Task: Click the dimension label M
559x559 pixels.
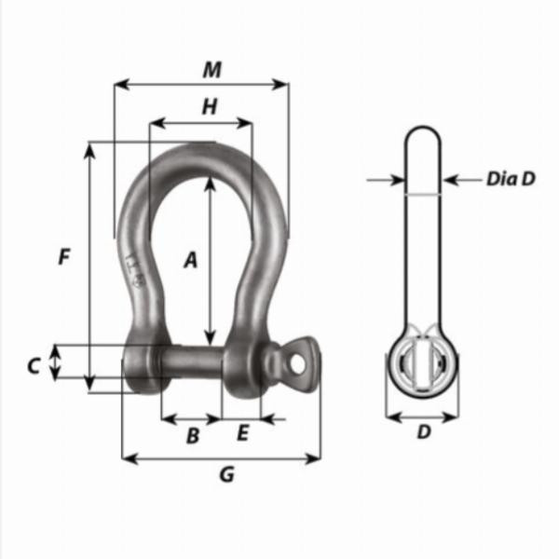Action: click(212, 69)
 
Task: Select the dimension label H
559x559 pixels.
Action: click(210, 107)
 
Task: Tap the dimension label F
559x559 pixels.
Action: click(63, 257)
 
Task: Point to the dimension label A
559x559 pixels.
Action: click(190, 260)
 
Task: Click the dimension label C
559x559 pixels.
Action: click(34, 366)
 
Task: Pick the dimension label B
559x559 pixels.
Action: click(193, 434)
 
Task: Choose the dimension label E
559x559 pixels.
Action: click(243, 433)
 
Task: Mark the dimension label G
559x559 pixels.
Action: click(225, 475)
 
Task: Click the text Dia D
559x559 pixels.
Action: click(511, 179)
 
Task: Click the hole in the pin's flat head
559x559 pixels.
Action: click(299, 358)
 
